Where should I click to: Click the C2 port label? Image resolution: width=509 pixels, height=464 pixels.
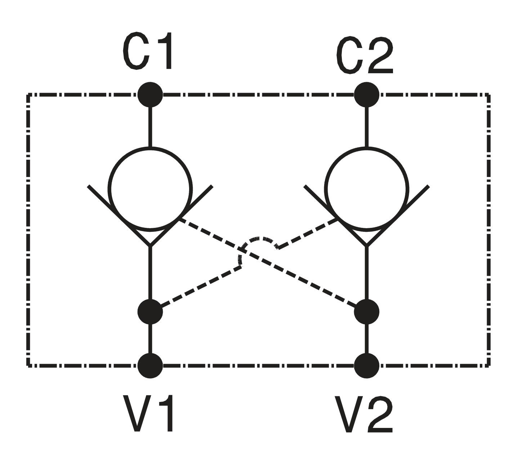[365, 55]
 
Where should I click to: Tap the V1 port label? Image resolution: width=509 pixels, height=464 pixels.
[148, 413]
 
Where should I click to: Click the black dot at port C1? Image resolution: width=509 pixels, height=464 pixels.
[150, 95]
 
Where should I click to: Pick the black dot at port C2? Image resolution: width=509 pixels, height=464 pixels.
[366, 95]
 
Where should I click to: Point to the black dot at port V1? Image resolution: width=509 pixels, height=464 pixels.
[150, 366]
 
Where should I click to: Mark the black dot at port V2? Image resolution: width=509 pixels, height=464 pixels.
[366, 366]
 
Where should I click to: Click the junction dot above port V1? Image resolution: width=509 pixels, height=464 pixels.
[150, 311]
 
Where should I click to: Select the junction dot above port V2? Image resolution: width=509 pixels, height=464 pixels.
[366, 311]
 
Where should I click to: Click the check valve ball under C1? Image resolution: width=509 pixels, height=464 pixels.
[150, 189]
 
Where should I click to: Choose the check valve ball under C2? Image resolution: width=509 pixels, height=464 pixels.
[366, 189]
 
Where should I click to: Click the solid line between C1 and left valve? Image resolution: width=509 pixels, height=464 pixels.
[150, 127]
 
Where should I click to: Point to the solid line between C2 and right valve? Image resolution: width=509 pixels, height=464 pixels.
[366, 127]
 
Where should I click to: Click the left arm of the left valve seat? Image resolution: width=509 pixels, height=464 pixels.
[119, 216]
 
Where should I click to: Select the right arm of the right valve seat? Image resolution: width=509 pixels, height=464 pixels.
[398, 216]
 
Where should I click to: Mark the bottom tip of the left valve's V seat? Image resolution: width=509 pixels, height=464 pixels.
[150, 246]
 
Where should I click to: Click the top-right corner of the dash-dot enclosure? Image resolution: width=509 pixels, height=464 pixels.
[489, 95]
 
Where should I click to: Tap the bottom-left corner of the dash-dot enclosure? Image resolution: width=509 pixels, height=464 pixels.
[28, 366]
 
